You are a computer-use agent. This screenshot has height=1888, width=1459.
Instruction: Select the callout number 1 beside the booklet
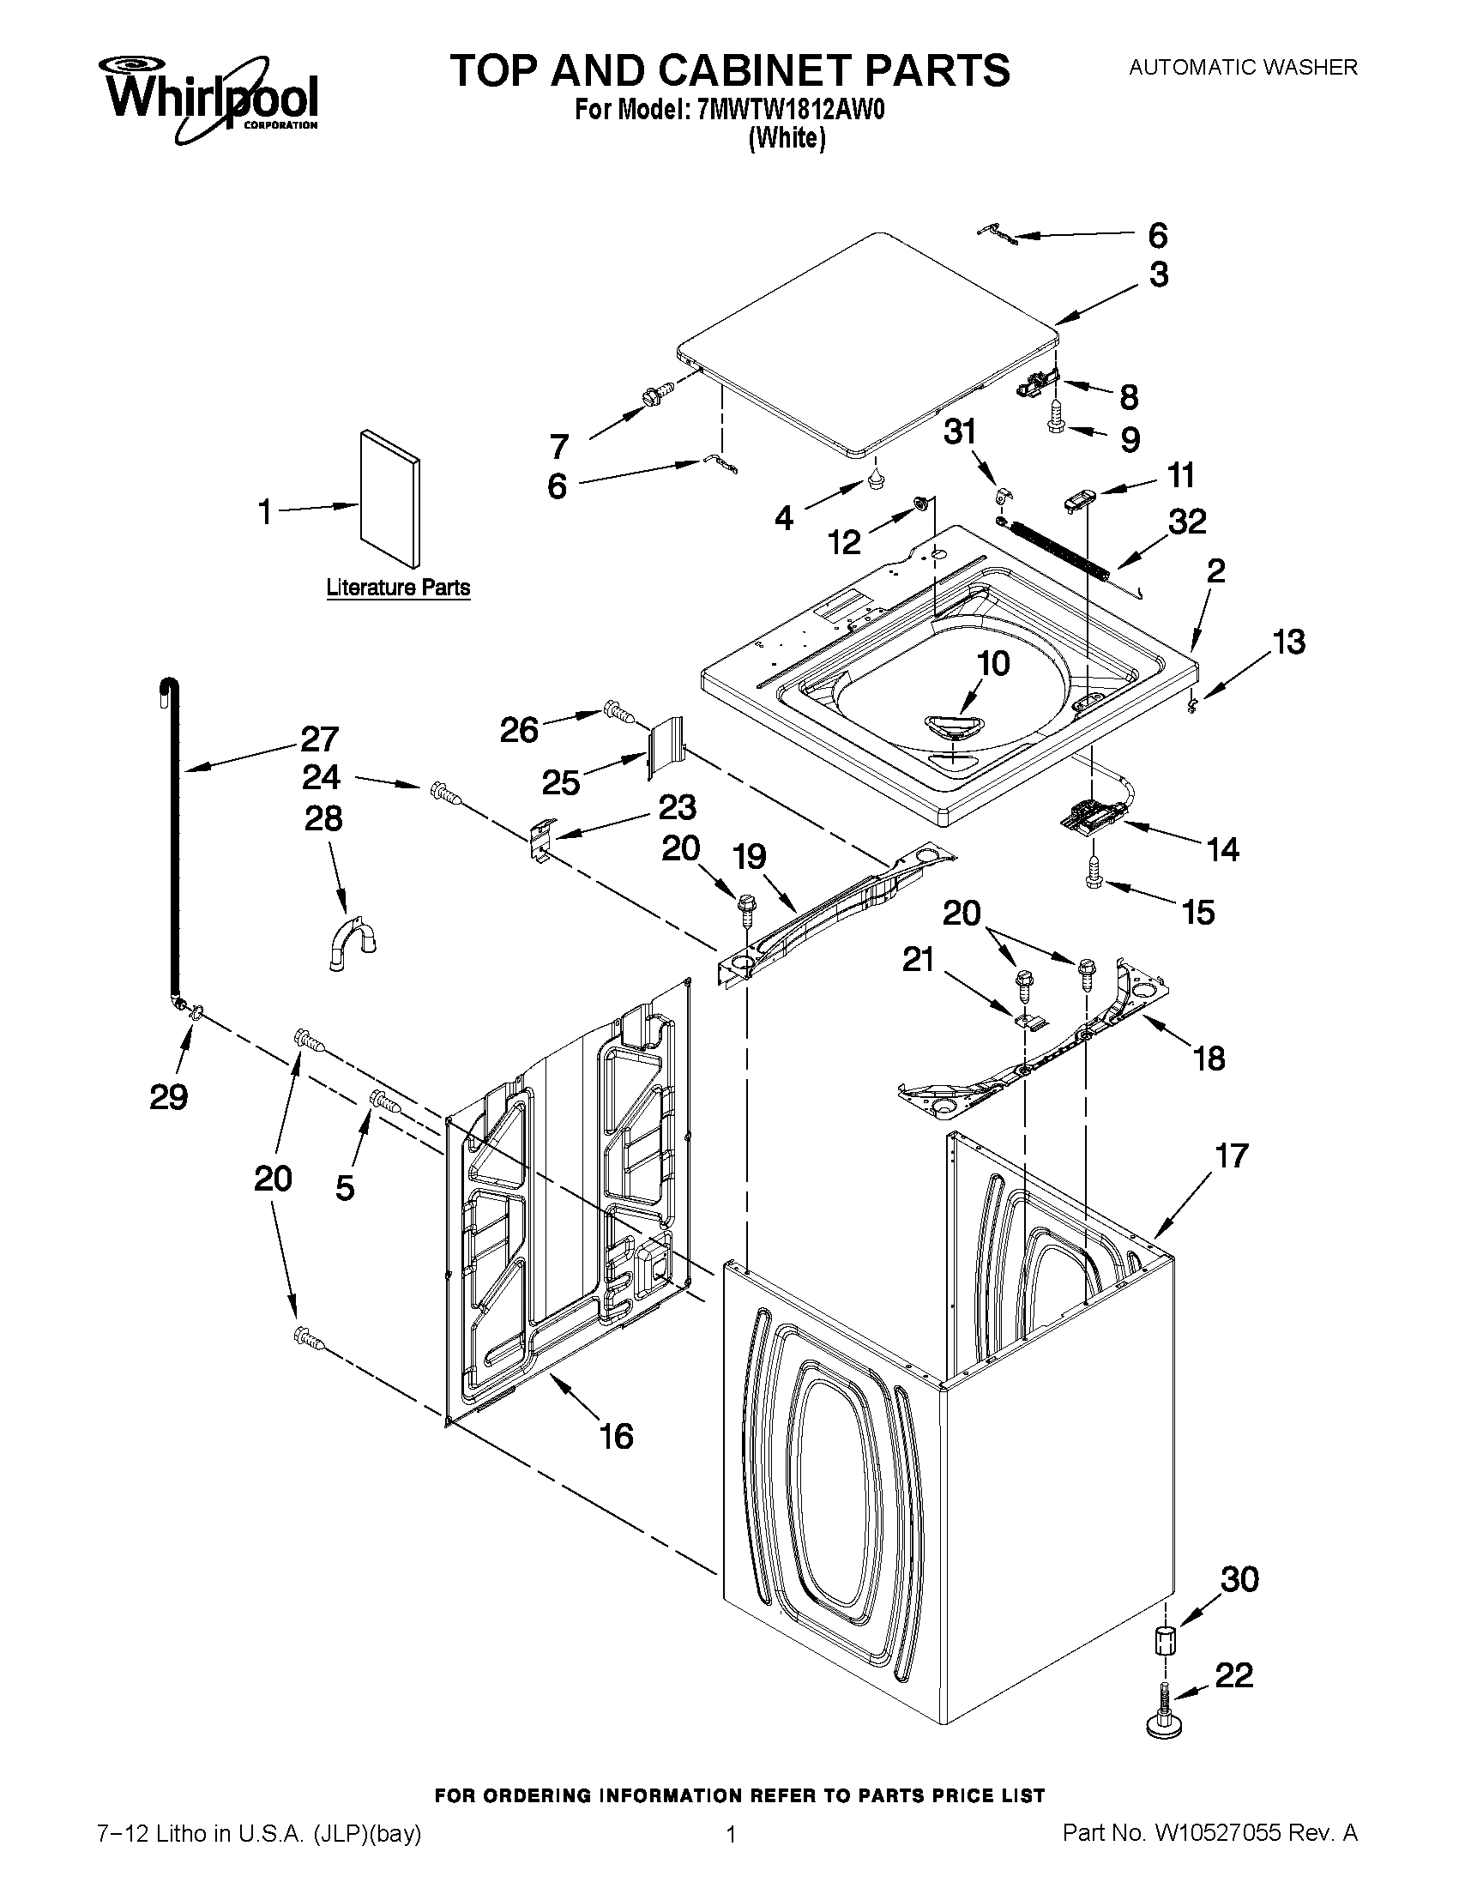click(265, 512)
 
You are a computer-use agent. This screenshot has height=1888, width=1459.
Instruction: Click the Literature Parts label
click(398, 588)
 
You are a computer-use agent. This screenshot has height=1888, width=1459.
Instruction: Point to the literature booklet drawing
click(390, 497)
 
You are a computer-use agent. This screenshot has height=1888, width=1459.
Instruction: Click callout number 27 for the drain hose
click(319, 739)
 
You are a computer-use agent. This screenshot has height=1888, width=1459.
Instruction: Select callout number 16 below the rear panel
click(616, 1436)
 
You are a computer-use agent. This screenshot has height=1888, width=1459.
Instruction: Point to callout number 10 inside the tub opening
click(992, 664)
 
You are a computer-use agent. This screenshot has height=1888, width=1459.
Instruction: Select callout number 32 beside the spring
click(1187, 522)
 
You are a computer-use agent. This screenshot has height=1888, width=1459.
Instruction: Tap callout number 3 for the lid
click(1158, 274)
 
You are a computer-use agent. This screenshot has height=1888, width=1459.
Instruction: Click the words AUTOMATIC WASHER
click(1243, 67)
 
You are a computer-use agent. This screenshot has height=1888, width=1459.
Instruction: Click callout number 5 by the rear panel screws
click(344, 1188)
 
